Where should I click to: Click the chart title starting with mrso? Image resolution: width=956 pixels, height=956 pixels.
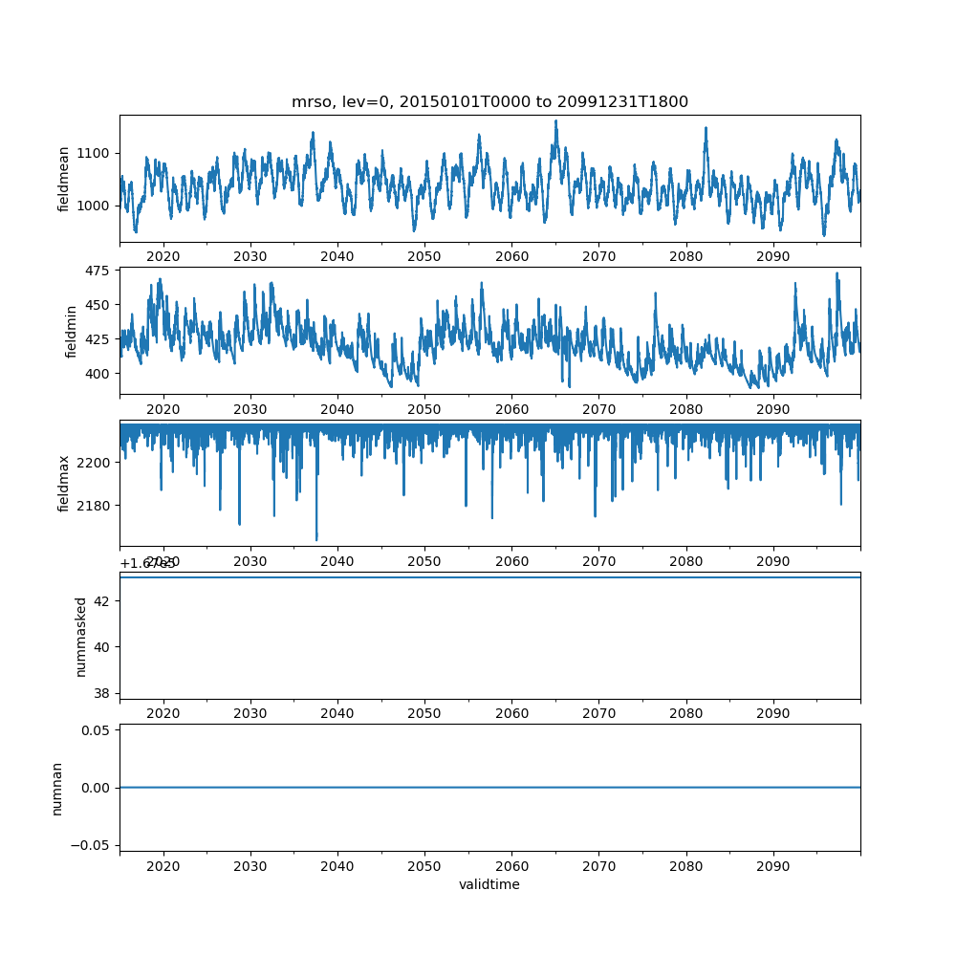coord(489,102)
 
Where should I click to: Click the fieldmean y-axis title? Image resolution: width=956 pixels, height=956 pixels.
coord(64,179)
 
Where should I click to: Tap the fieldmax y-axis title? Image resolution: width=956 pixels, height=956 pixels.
coord(64,484)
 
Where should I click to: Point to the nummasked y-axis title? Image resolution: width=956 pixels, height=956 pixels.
coord(81,636)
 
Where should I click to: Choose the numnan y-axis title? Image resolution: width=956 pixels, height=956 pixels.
coord(56,788)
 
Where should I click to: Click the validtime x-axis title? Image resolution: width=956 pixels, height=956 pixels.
coord(489,884)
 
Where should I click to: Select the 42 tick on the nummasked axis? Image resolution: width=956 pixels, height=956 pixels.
coord(103,600)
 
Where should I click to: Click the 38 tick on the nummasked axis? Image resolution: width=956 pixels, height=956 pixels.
coord(103,692)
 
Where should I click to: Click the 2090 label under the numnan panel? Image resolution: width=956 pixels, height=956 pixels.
coord(772,866)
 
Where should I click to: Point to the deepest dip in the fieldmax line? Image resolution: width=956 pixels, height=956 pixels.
coord(316,540)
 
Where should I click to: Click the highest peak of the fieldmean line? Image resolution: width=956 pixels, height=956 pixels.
coord(555,121)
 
